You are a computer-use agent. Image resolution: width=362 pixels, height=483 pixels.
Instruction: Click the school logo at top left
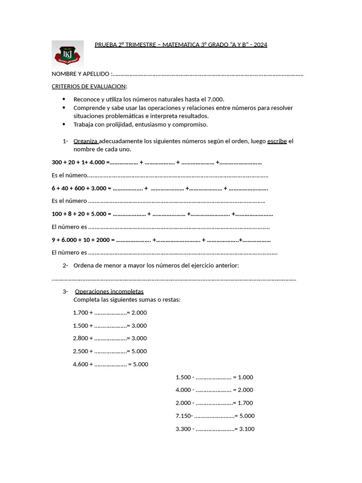[68, 54]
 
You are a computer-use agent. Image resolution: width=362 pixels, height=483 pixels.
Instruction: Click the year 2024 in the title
[260, 45]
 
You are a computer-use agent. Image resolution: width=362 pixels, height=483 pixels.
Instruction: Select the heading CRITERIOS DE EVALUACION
[89, 86]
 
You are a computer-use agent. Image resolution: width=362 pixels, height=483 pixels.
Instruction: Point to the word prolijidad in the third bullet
[116, 125]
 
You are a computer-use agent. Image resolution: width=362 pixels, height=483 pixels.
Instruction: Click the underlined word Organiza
[85, 141]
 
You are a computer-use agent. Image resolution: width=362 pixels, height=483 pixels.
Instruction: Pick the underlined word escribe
[277, 141]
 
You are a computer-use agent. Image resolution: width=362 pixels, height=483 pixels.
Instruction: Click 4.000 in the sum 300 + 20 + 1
[98, 162]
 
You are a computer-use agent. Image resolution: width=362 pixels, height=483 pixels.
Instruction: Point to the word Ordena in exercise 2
[83, 266]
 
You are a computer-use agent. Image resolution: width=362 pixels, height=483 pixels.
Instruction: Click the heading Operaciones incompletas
[109, 291]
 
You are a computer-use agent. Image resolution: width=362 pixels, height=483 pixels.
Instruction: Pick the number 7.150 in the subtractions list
[183, 416]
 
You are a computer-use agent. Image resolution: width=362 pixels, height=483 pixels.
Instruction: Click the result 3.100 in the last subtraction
[247, 429]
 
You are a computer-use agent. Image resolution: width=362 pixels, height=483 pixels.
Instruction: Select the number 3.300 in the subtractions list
[183, 429]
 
